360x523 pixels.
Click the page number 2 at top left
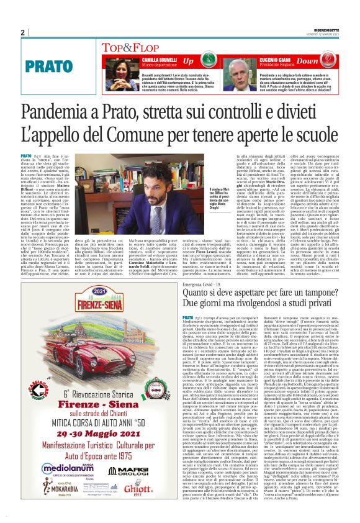coord(22,32)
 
